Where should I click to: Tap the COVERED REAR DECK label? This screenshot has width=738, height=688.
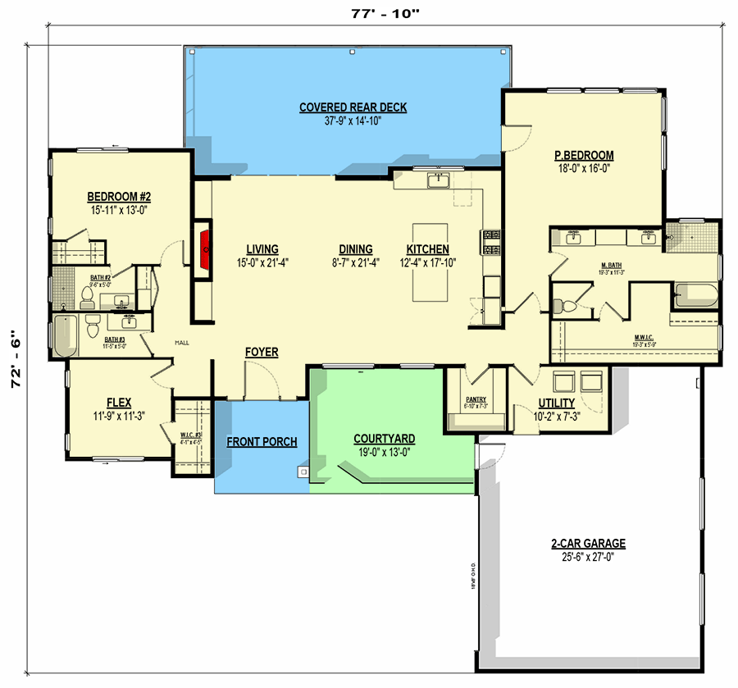(x=353, y=107)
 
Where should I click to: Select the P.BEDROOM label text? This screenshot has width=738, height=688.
(x=584, y=156)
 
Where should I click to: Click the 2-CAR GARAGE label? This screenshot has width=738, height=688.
(x=588, y=543)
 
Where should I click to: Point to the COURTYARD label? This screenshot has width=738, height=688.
(x=384, y=439)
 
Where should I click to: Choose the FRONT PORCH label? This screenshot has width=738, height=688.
(x=262, y=442)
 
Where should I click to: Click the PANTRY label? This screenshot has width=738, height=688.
(x=476, y=399)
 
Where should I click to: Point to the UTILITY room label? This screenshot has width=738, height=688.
(x=556, y=404)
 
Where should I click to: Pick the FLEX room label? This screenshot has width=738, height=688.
(x=119, y=403)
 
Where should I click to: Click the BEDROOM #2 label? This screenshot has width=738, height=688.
(x=120, y=197)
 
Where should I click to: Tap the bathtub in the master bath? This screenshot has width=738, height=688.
(x=695, y=295)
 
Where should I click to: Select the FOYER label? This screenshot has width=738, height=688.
(x=262, y=353)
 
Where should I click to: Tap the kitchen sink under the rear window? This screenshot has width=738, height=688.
(x=439, y=180)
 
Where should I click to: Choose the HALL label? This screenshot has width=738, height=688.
(x=181, y=343)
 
